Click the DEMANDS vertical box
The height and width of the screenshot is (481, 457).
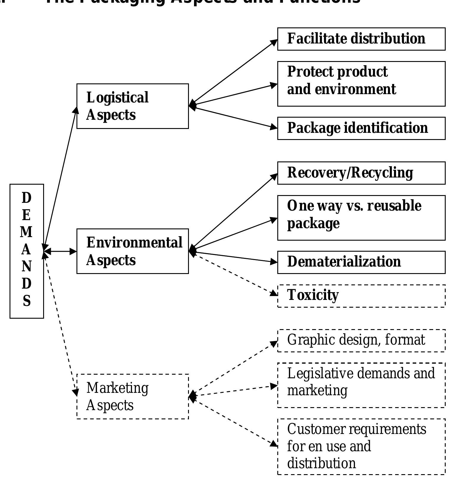(x=27, y=251)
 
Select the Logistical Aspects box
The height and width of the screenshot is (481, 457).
(x=132, y=106)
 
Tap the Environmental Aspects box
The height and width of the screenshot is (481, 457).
(x=132, y=251)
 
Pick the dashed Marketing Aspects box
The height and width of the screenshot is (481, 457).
(x=132, y=396)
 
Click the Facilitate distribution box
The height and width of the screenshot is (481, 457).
(x=361, y=39)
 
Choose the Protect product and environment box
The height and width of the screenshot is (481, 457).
(x=361, y=84)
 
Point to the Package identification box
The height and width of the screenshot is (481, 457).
(x=361, y=128)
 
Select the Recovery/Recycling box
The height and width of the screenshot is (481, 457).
(x=361, y=173)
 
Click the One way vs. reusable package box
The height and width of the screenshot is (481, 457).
(x=361, y=218)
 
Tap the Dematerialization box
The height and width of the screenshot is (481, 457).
(x=361, y=262)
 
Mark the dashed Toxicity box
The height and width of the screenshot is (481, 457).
(x=361, y=296)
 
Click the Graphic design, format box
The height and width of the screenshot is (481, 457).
(x=361, y=341)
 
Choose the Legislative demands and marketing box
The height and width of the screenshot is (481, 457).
(x=361, y=385)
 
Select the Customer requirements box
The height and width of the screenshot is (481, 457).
(x=361, y=446)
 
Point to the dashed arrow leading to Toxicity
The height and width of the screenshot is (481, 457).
(x=235, y=274)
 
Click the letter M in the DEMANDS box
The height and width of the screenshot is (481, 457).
(x=26, y=232)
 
